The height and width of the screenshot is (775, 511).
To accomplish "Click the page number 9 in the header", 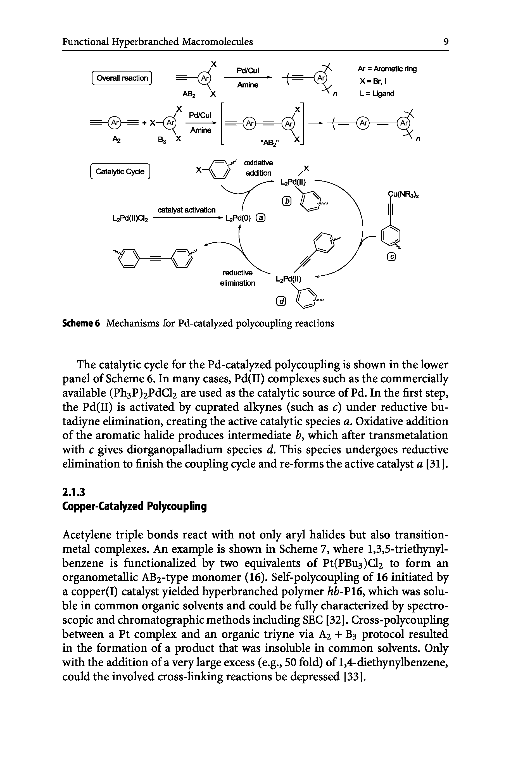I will (446, 42).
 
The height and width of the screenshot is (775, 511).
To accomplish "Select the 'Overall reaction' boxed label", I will (122, 78).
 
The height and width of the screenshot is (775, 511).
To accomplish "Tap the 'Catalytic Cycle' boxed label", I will (120, 172).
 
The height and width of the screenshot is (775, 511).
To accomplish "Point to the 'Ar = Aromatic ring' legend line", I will (387, 69).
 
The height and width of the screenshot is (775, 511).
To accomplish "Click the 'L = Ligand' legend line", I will (377, 94).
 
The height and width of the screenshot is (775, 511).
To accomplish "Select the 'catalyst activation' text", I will (186, 210).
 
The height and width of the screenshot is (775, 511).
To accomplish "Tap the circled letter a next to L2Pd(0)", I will (261, 219).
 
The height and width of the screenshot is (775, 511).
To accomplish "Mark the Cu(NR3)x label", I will (403, 195).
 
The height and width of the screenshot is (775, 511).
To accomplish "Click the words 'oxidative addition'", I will (259, 168).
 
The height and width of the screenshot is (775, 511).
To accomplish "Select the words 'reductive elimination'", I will (237, 278).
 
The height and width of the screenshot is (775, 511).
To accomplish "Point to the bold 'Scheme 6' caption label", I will (81, 323).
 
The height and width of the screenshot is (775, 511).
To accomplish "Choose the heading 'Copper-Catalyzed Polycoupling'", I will (134, 507).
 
